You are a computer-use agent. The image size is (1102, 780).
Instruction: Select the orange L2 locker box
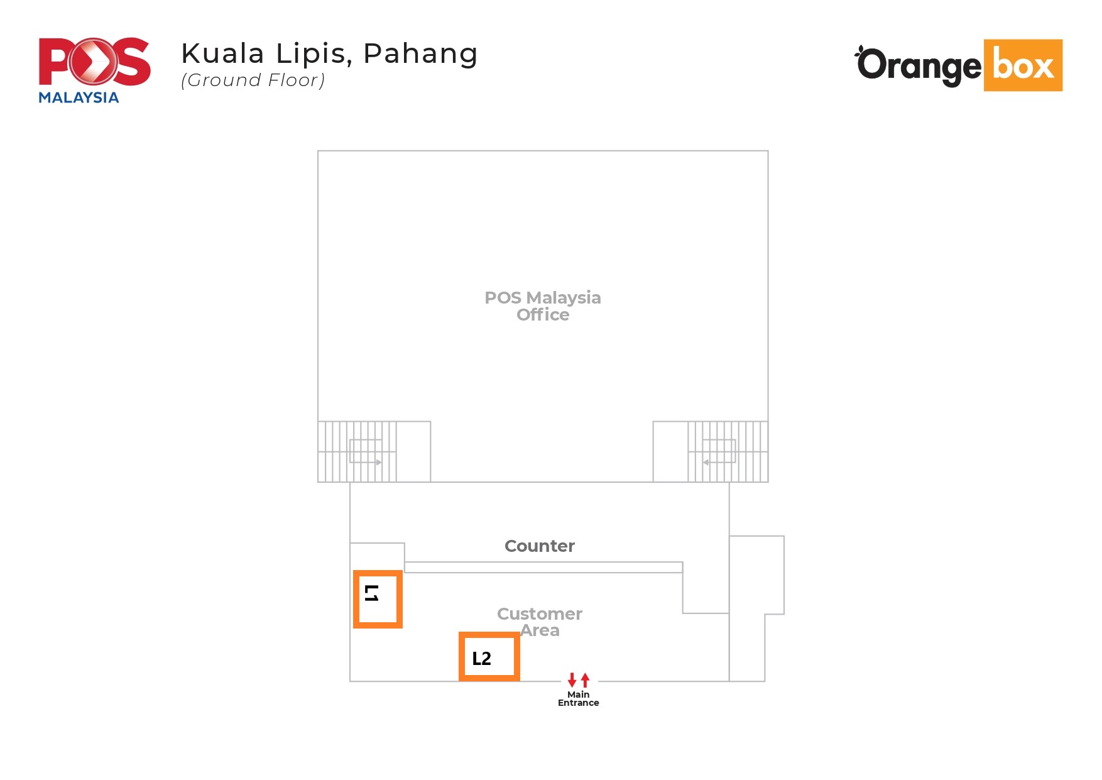click(489, 635)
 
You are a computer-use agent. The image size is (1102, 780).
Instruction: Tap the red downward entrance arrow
click(572, 679)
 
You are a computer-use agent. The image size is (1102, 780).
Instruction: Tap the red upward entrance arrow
click(586, 679)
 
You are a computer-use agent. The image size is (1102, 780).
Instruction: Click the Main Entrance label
click(578, 698)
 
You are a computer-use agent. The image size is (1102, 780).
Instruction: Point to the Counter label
click(540, 546)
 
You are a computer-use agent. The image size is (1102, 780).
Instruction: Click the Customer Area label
click(540, 622)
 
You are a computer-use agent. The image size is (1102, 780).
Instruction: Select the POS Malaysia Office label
click(543, 306)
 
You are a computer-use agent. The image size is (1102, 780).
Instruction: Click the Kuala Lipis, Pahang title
click(329, 54)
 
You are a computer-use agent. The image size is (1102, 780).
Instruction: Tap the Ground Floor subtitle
click(253, 80)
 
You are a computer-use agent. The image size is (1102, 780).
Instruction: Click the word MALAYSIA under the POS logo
click(79, 97)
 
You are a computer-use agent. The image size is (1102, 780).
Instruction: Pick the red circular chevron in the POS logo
click(94, 61)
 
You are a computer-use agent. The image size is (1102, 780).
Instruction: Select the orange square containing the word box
click(1023, 65)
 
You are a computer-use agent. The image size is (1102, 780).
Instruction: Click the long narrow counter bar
click(543, 568)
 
